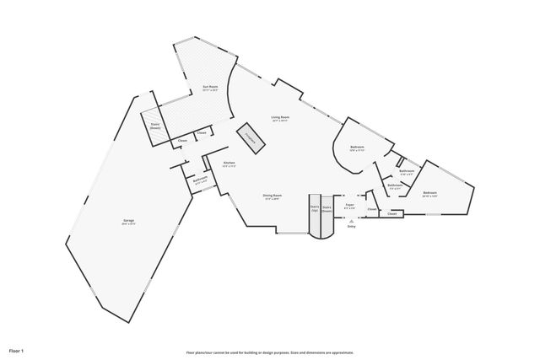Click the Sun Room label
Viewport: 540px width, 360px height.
click(x=210, y=88)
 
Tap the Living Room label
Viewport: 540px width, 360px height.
click(x=280, y=118)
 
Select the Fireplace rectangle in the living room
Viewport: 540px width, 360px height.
click(x=251, y=141)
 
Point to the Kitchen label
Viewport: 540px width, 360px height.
click(x=229, y=164)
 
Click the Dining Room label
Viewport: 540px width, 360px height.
click(x=273, y=196)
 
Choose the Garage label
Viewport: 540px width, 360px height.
click(x=128, y=222)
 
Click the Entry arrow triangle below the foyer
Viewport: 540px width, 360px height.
click(x=352, y=220)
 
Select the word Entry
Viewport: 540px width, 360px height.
click(x=352, y=227)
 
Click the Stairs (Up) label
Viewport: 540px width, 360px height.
click(x=314, y=207)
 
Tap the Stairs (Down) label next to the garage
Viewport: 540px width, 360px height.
click(x=155, y=126)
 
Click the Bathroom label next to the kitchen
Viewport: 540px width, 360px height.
click(x=200, y=180)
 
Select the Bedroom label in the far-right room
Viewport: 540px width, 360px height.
click(x=429, y=193)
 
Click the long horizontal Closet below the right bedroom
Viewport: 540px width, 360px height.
click(x=391, y=214)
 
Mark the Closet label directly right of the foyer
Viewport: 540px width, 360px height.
click(x=371, y=209)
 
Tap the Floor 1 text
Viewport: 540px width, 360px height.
click(x=17, y=350)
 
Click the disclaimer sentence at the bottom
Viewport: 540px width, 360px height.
click(x=270, y=352)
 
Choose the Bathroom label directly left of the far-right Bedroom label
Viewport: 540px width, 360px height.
click(x=394, y=185)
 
